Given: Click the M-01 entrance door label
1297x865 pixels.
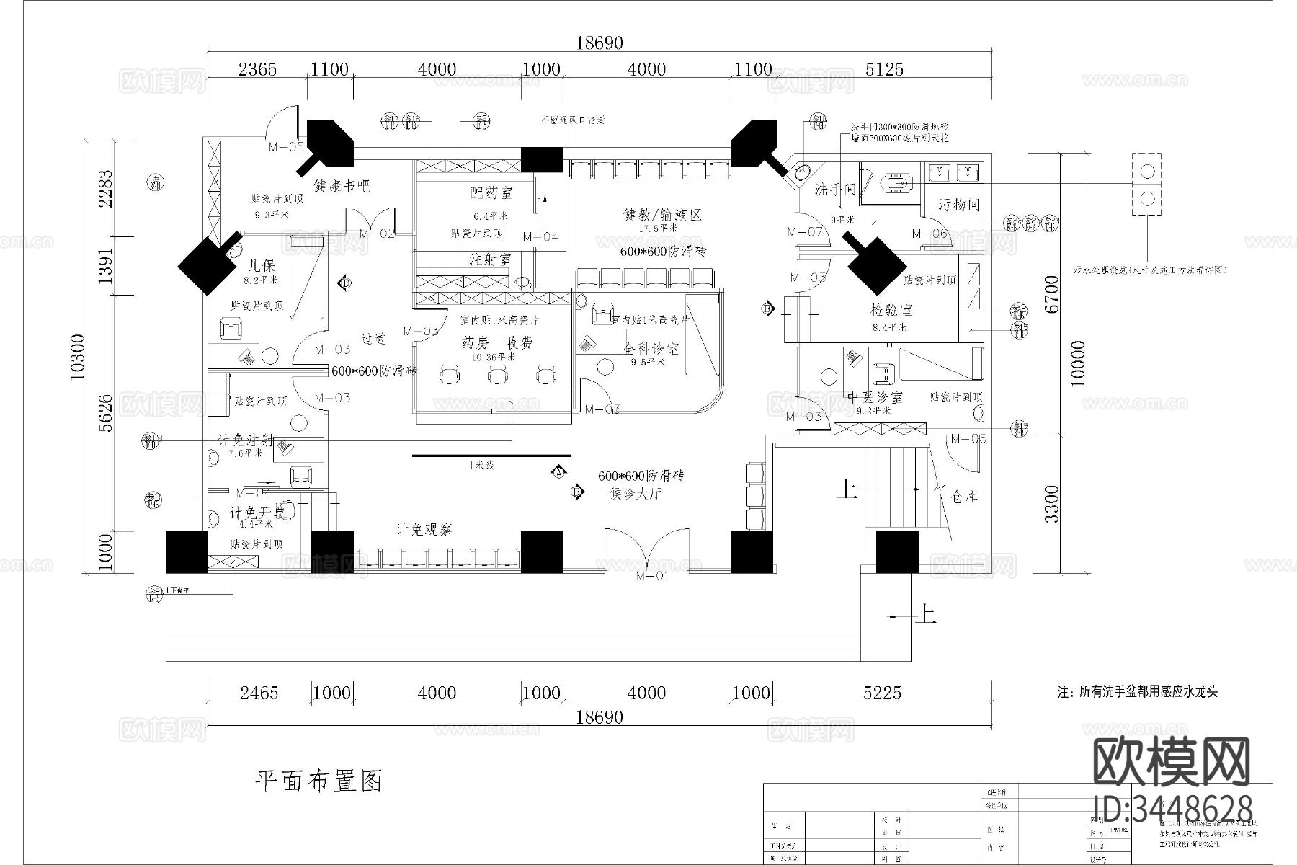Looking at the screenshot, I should pos(651,576).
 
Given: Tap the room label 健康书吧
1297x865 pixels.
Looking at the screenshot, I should pos(342,185).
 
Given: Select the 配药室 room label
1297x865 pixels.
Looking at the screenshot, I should pos(491,192).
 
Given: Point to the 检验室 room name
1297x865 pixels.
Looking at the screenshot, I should pos(891,311).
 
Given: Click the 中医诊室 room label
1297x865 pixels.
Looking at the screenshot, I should pos(875,397).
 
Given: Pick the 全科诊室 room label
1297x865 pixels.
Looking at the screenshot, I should pos(651,350).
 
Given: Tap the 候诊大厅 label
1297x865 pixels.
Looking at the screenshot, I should pos(636,494).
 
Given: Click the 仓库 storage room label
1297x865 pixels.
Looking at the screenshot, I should pos(964,497).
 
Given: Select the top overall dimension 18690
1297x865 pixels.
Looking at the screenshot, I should pos(599,43).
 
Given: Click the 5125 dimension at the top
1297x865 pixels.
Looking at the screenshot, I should pos(883,69).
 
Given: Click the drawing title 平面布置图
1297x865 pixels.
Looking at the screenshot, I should pos(319,781).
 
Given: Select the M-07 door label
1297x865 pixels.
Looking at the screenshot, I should pos(805,232).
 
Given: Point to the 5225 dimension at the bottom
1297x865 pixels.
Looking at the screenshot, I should pos(882,693).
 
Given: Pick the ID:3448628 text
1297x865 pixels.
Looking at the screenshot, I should pos(1172,808).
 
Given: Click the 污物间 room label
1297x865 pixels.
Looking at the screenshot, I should pos(958,205).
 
